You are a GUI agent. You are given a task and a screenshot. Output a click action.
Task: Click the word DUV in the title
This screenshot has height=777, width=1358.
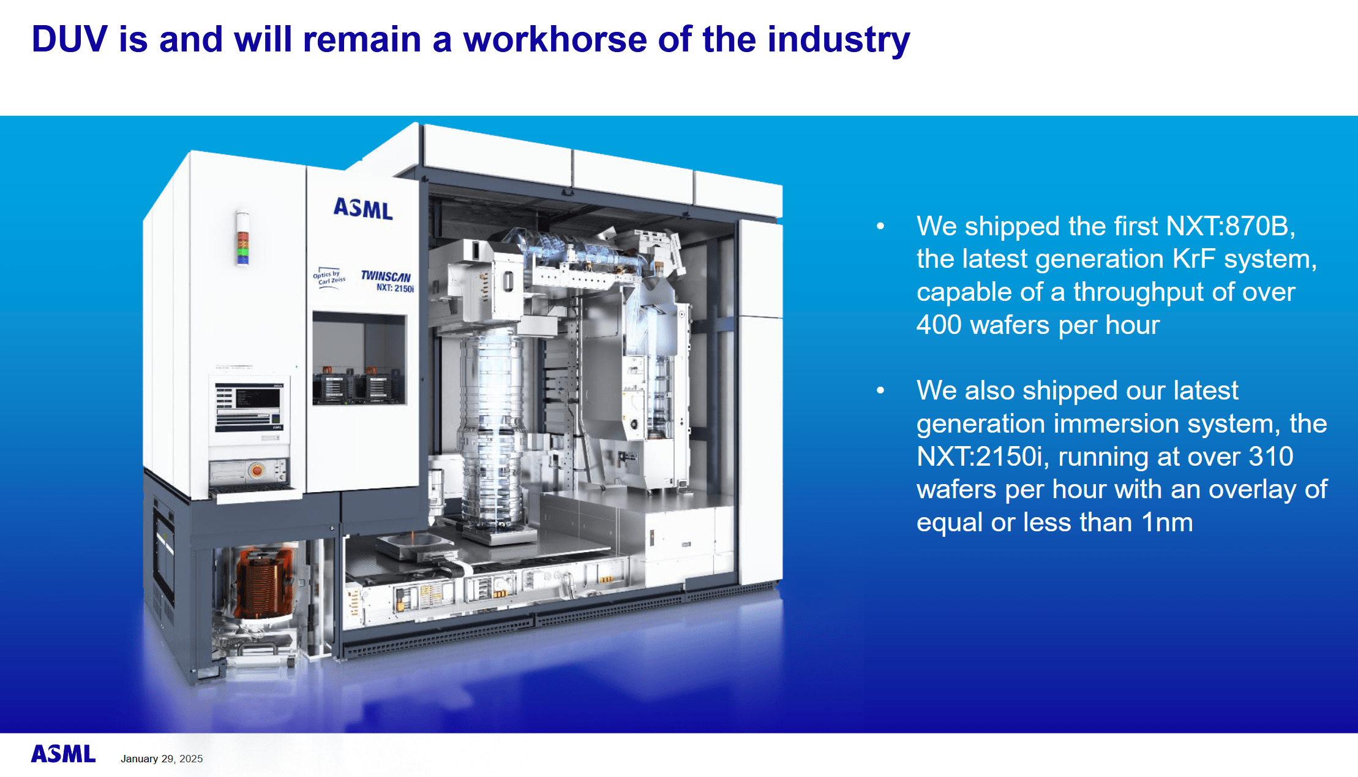click(x=69, y=39)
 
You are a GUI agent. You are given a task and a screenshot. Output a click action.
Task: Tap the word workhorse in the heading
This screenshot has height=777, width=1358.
click(x=555, y=39)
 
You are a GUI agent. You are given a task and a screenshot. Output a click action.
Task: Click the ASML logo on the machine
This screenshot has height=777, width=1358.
click(x=362, y=209)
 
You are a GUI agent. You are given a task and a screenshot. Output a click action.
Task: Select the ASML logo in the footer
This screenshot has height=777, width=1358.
click(x=64, y=754)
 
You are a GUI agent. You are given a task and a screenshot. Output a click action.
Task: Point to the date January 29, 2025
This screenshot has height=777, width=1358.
click(x=162, y=759)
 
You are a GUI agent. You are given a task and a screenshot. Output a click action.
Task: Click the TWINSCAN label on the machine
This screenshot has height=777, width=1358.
click(x=386, y=276)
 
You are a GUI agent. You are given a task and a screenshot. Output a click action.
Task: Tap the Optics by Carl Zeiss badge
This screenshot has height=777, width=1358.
click(x=329, y=278)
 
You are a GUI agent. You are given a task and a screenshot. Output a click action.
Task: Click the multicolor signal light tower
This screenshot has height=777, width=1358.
click(x=242, y=239)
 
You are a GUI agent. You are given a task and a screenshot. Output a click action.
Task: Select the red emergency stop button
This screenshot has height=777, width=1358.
click(x=257, y=471)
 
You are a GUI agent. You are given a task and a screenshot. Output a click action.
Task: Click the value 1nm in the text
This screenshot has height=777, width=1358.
click(x=1167, y=523)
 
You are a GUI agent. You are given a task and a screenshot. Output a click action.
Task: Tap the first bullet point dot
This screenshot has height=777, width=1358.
click(x=880, y=226)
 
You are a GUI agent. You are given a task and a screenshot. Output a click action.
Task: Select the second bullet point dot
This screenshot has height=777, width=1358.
click(x=880, y=390)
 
